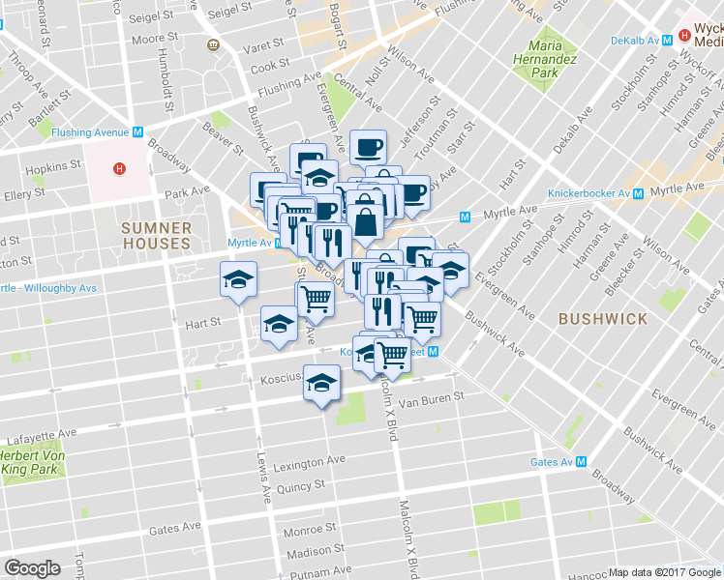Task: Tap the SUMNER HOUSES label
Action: (x=155, y=236)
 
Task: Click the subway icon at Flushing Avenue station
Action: (x=138, y=132)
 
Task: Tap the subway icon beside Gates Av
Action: (x=581, y=462)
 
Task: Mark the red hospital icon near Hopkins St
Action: (x=119, y=169)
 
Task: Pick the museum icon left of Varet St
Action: (x=213, y=45)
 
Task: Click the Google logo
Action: (x=32, y=568)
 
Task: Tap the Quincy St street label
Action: (x=300, y=486)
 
